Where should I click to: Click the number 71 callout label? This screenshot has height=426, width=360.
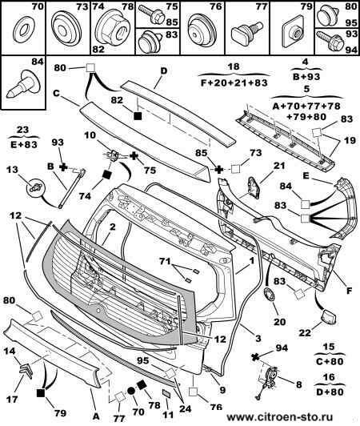(x=163, y=260)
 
